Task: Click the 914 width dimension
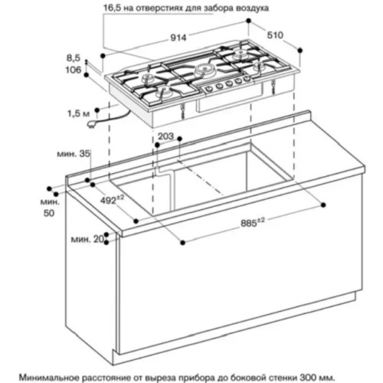[178, 38]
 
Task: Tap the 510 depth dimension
[275, 35]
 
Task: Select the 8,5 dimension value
[74, 58]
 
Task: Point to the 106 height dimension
[74, 70]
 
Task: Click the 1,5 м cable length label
[79, 113]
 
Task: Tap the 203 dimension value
[165, 136]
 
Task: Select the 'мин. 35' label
[74, 154]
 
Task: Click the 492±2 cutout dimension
[112, 200]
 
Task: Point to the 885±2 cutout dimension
[253, 222]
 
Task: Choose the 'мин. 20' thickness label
[87, 239]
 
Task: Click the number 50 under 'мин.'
[49, 213]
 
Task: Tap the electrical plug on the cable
[91, 125]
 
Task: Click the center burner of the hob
[205, 68]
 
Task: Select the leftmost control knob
[209, 89]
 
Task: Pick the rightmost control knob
[247, 79]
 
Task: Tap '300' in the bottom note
[306, 377]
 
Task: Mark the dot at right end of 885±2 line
[323, 205]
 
